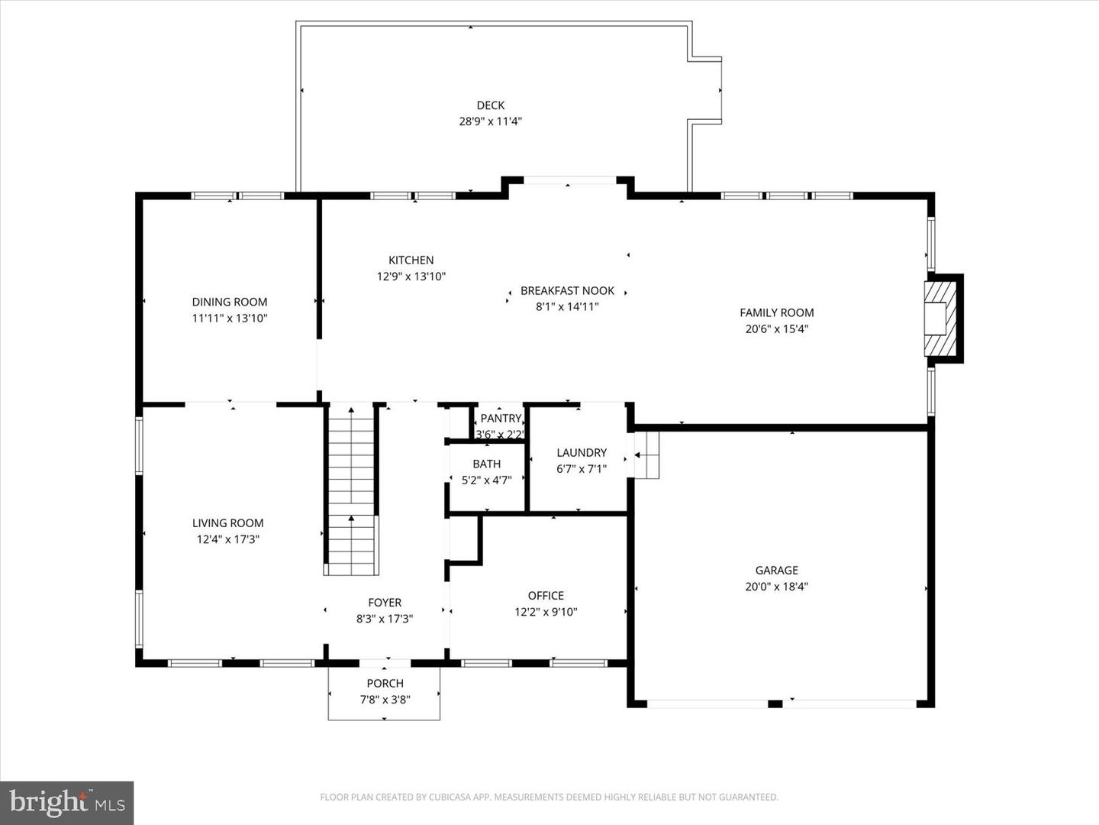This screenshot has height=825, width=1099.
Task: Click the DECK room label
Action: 490,105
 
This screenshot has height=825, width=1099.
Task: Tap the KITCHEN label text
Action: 411,260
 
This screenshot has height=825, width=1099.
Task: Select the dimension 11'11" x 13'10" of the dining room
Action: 230,319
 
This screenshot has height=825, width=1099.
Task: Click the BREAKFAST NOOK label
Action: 567,291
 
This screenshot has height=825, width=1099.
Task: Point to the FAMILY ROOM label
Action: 776,312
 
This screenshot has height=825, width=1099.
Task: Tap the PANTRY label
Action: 500,419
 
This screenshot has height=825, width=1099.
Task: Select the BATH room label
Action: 486,464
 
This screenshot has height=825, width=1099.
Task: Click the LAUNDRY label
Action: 581,453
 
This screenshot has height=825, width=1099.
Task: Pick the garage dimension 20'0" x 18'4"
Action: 776,587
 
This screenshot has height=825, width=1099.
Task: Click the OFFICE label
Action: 546,596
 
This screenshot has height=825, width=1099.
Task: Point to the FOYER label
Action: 385,603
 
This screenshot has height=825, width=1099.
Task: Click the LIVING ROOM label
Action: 227,523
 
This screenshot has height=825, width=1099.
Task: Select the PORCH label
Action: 385,684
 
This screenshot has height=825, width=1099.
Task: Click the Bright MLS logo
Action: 67,803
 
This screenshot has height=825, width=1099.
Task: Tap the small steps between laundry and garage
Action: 646,455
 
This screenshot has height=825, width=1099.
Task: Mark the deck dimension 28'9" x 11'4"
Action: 490,121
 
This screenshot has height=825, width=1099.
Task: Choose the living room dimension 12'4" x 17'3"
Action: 227,539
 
